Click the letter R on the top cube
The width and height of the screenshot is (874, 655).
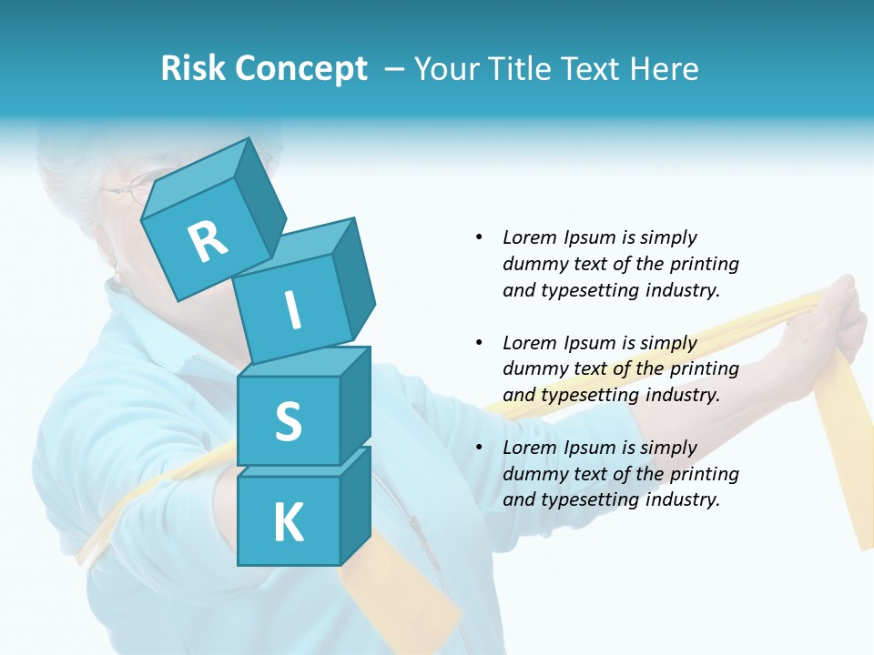208,241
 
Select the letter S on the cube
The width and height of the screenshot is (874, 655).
288,421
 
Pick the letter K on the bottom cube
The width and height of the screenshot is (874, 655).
288,523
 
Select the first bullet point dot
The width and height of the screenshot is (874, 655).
479,237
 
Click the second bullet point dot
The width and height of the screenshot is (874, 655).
479,343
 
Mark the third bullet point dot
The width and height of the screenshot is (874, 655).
479,448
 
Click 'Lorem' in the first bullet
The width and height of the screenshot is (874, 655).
529,237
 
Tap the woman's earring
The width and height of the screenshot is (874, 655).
116,274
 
